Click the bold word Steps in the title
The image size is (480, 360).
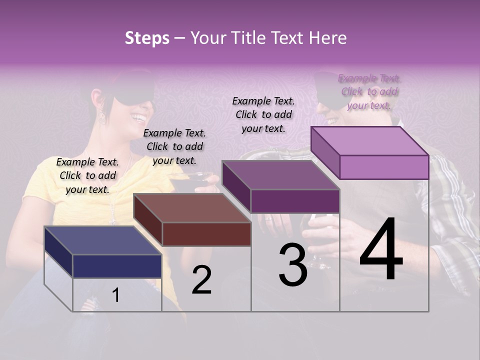(147, 38)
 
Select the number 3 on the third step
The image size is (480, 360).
(293, 266)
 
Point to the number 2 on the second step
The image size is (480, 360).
(201, 280)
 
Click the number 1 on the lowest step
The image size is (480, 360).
(116, 295)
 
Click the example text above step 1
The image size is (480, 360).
(87, 175)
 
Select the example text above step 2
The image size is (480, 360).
(174, 146)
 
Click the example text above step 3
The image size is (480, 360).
(263, 114)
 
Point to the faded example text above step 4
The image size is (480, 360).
(369, 91)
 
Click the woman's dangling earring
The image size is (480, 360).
(101, 117)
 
